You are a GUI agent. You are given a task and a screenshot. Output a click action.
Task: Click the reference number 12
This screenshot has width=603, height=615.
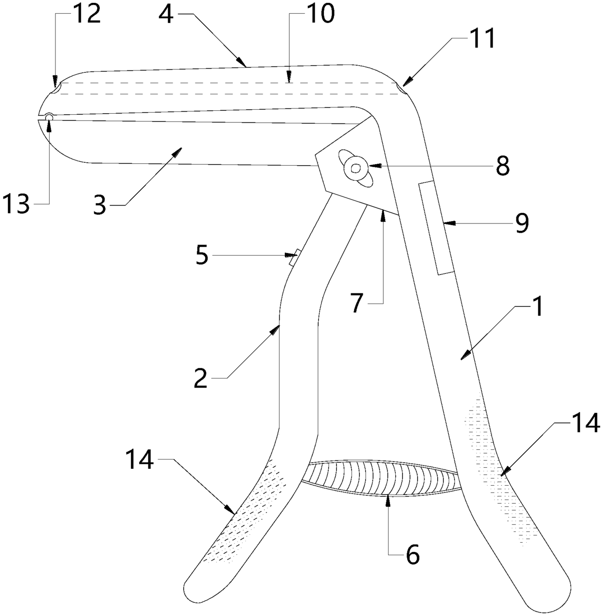87,15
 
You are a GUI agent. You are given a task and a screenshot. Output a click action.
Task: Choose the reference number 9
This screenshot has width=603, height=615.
521,223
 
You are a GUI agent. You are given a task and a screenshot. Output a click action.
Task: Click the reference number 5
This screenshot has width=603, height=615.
202,256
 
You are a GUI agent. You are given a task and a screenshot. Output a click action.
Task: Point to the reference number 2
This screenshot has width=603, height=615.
201,377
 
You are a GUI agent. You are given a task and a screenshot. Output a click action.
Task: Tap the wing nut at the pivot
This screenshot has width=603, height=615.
357,168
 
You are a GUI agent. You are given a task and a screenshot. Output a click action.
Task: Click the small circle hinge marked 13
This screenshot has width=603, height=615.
49,117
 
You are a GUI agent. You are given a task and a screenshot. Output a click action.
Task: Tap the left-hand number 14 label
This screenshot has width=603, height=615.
139,459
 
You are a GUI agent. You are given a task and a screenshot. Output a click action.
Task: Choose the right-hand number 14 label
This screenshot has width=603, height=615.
585,424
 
